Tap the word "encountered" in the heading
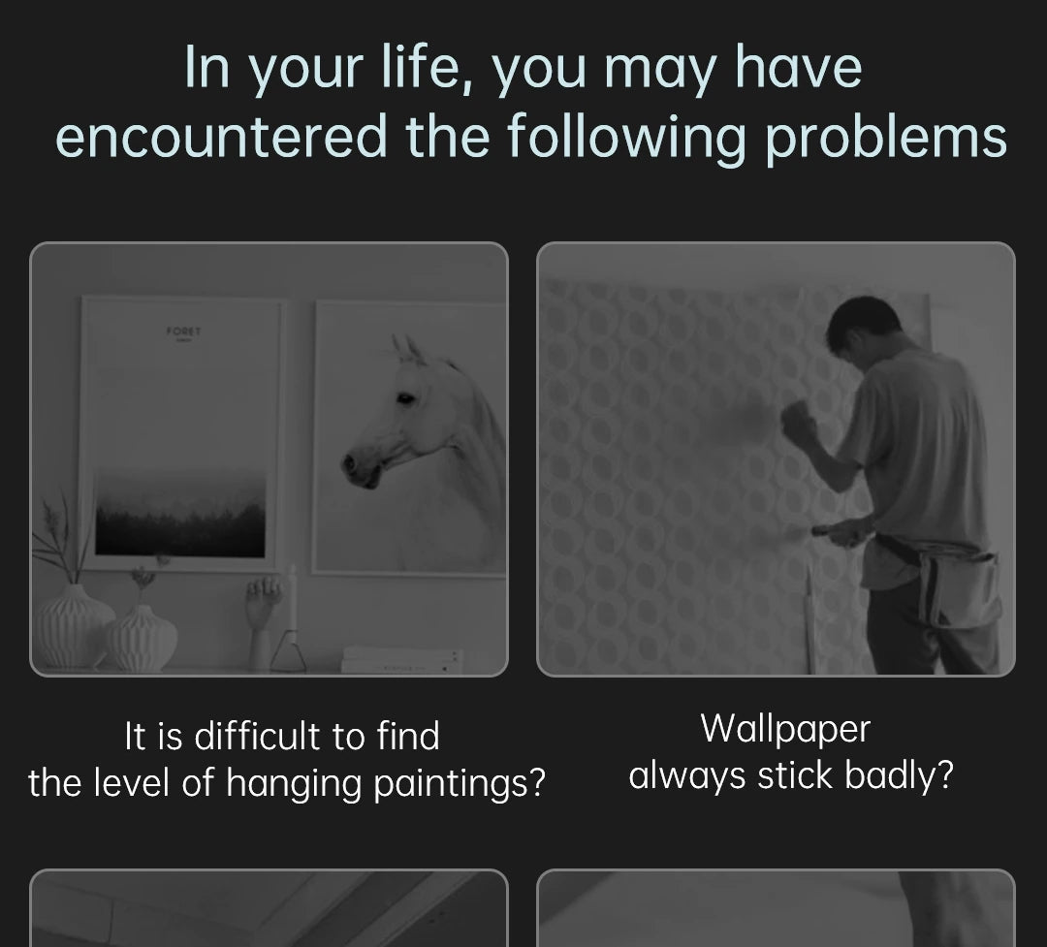(x=221, y=136)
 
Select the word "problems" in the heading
(x=885, y=140)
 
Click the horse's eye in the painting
(x=405, y=398)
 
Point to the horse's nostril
(x=348, y=463)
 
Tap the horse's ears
(x=409, y=349)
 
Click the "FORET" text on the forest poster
(x=183, y=331)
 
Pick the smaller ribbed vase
(x=143, y=638)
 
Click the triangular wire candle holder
(x=289, y=651)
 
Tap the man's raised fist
(x=797, y=420)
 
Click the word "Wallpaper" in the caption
(x=785, y=729)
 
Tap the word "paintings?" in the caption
(x=460, y=783)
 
